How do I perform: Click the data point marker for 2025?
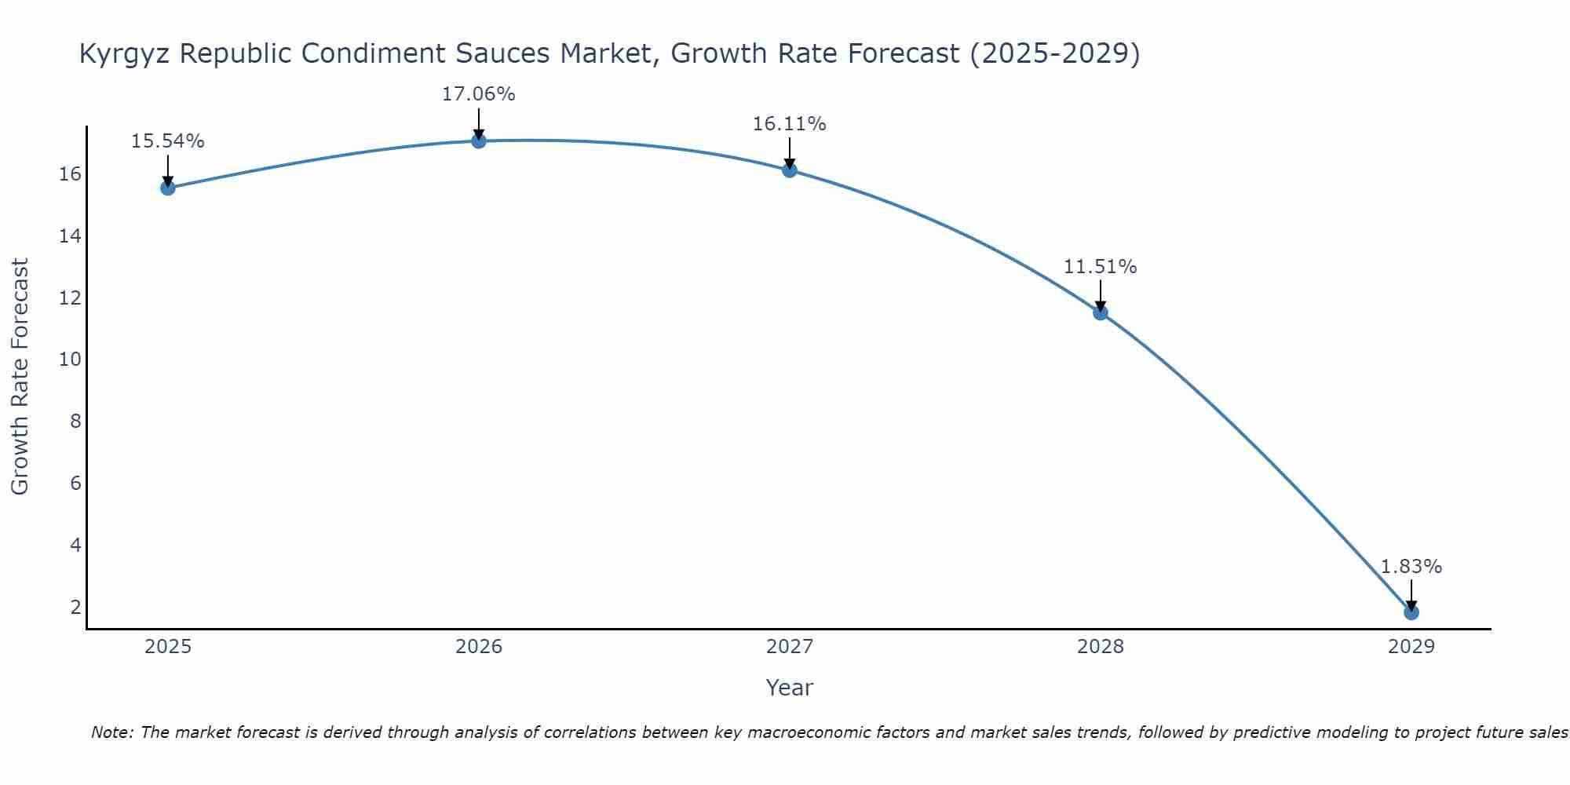(x=168, y=188)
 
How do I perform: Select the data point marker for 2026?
(x=479, y=141)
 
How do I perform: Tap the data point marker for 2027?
(x=790, y=170)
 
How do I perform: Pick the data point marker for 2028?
(x=1101, y=312)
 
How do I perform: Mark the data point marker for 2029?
(x=1411, y=612)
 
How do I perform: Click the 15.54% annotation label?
(x=168, y=141)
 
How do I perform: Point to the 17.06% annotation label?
(x=479, y=94)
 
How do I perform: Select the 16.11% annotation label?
(x=790, y=124)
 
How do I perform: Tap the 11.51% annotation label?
(x=1101, y=267)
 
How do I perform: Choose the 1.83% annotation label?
(x=1411, y=567)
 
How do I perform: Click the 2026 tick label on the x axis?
(x=479, y=647)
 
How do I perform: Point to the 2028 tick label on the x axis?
(x=1101, y=647)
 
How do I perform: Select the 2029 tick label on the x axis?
(x=1411, y=647)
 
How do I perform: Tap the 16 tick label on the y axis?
(x=71, y=174)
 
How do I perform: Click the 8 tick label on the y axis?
(x=75, y=422)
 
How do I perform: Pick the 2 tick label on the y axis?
(x=75, y=607)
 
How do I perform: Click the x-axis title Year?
(x=790, y=688)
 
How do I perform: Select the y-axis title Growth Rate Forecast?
(x=20, y=377)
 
